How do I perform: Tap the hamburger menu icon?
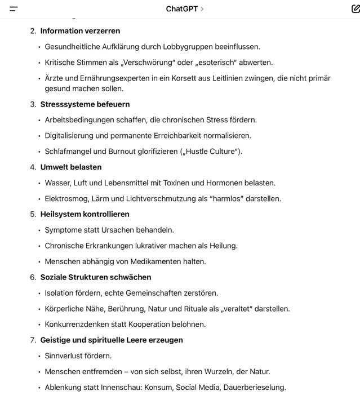click(14, 9)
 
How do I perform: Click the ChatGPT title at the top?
click(181, 9)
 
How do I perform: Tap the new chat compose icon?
click(355, 9)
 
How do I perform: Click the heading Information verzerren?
click(80, 31)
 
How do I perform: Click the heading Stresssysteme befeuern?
click(85, 104)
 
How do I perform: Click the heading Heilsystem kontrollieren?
click(85, 214)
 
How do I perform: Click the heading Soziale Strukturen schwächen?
click(96, 277)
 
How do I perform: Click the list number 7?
click(33, 340)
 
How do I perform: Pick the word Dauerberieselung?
click(254, 388)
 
